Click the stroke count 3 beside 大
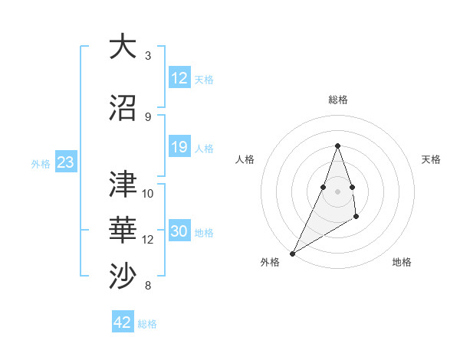click(x=148, y=55)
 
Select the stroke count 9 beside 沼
click(x=148, y=116)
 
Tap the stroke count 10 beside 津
click(x=148, y=193)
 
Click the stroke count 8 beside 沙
click(x=148, y=286)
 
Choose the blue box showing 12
click(x=179, y=78)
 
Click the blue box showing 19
click(x=179, y=147)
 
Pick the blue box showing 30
click(x=179, y=231)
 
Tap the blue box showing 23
click(x=65, y=162)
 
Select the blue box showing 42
click(x=122, y=322)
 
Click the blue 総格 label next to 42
click(x=147, y=324)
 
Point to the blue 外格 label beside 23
click(x=41, y=163)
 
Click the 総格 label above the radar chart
click(x=337, y=100)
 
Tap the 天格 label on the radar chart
click(x=431, y=159)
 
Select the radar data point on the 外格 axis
click(x=292, y=253)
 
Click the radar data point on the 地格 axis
click(x=356, y=218)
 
